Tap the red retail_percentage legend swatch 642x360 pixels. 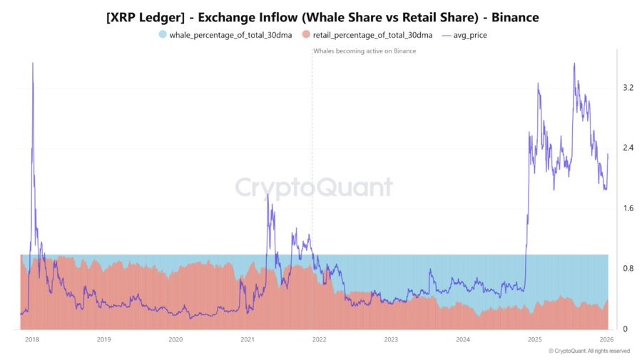(x=306, y=34)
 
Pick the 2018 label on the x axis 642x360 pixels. (x=32, y=340)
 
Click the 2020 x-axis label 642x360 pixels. (x=175, y=340)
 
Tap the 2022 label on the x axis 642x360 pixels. (x=319, y=340)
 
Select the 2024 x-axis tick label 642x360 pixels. (x=463, y=340)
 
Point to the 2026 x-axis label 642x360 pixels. (x=606, y=340)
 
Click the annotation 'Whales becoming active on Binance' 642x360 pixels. (x=365, y=51)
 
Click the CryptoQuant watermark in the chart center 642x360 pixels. (x=314, y=187)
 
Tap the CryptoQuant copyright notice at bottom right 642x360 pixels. (x=588, y=351)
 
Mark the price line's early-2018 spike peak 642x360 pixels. (x=33, y=63)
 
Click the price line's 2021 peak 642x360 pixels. (x=267, y=194)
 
